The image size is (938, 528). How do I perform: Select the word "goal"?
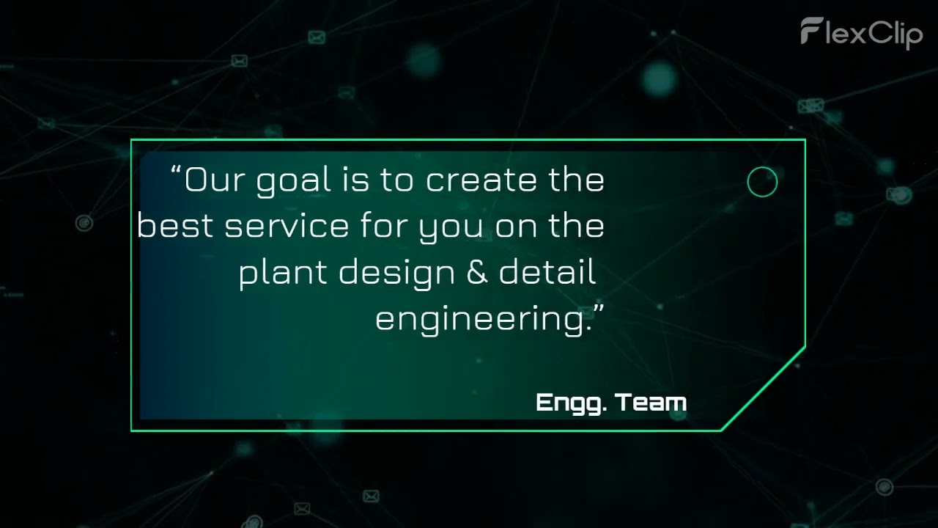coord(293,182)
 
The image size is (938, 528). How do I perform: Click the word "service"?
coord(287,226)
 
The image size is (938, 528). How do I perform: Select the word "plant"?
coord(283,274)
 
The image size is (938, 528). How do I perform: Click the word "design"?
coord(396,274)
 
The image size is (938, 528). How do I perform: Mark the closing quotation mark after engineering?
coord(598,309)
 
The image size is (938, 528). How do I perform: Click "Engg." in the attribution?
coord(570,403)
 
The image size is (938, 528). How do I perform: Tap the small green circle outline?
coord(762,183)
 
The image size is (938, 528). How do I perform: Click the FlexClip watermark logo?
coord(861,33)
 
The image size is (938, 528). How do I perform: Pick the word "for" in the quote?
coord(383,226)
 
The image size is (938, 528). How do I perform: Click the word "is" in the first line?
coord(355,180)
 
